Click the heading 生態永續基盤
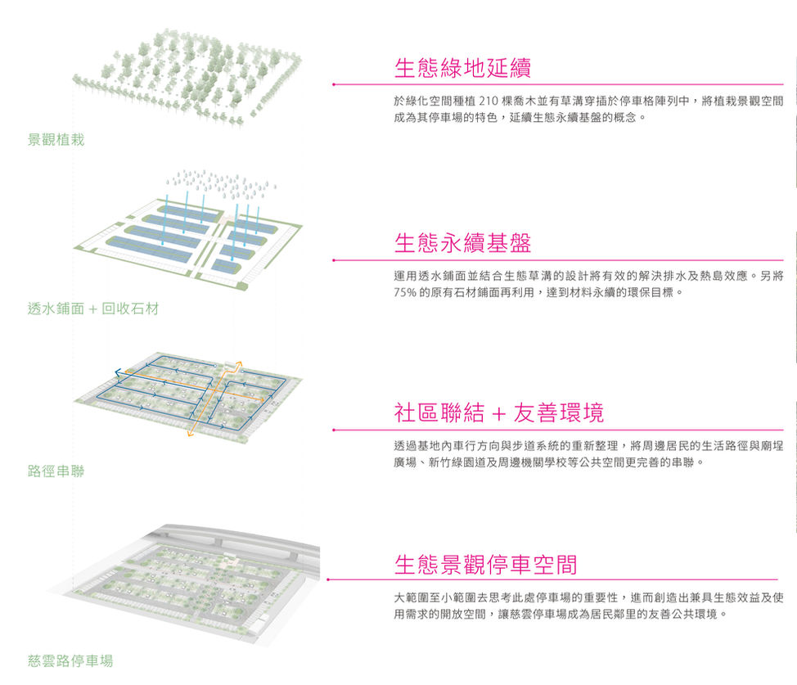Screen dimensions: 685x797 coord(462,243)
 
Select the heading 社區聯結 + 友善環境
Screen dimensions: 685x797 coord(498,413)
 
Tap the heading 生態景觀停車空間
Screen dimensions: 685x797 coord(485,564)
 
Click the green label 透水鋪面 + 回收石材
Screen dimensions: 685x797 coord(92,309)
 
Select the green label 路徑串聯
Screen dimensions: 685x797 coord(56,471)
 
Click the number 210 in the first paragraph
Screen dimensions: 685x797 coord(486,101)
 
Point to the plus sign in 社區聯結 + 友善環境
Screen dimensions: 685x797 coord(498,415)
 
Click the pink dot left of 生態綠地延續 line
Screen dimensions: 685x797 coord(334,84)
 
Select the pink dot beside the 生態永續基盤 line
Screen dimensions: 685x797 coord(334,260)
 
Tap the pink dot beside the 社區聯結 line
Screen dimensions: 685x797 coord(334,430)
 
